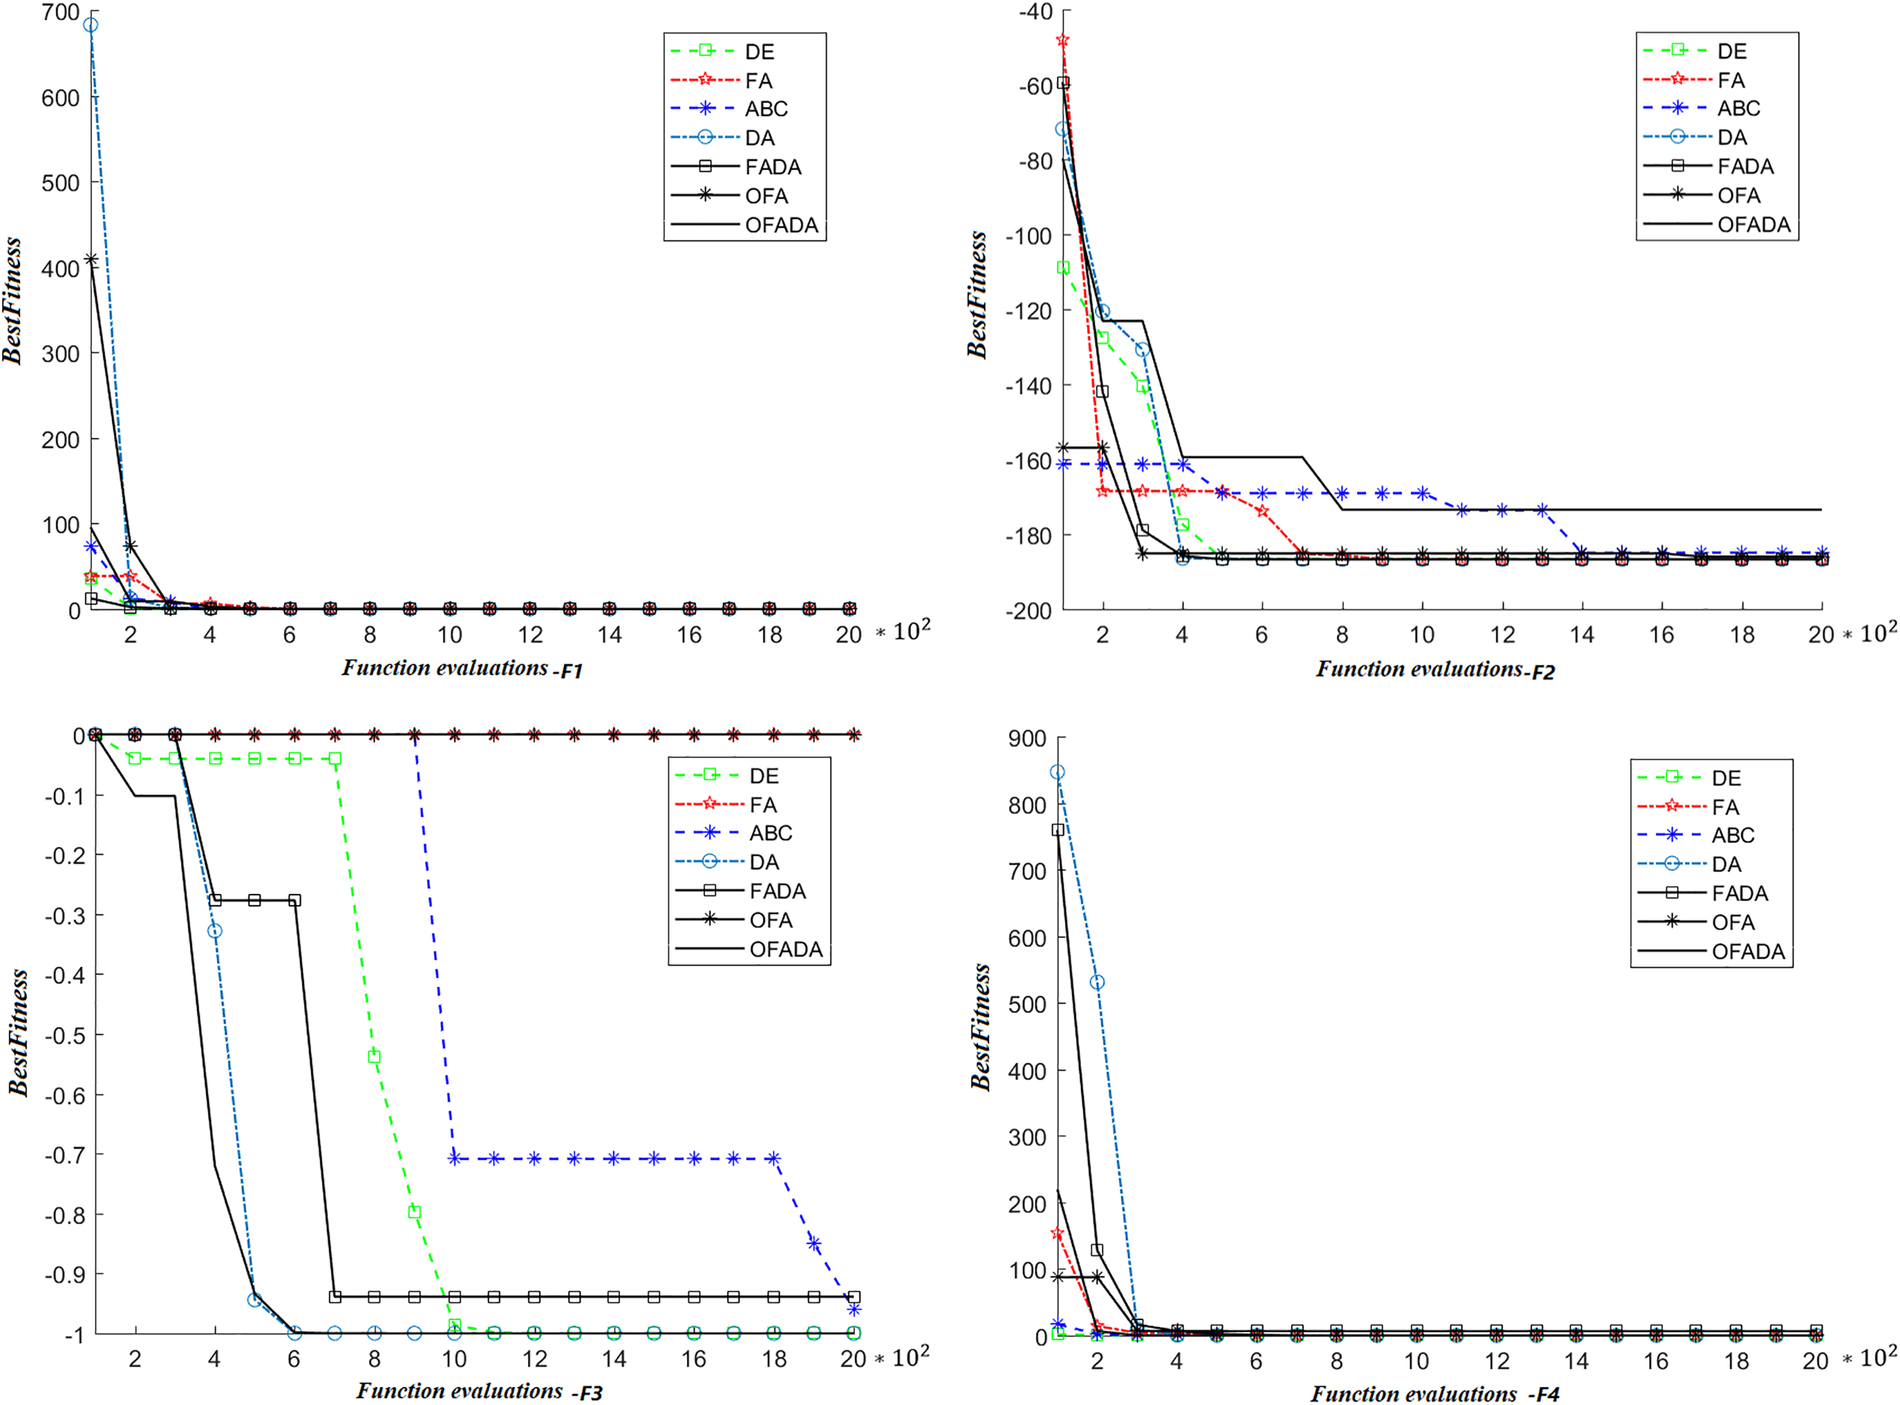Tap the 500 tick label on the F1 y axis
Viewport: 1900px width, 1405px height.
point(60,183)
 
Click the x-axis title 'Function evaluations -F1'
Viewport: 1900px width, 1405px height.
point(462,668)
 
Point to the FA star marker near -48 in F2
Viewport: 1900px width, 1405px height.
point(1062,40)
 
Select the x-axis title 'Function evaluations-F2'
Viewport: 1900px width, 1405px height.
point(1436,669)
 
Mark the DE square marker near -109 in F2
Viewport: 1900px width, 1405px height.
point(1063,268)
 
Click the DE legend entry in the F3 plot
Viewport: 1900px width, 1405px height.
point(728,775)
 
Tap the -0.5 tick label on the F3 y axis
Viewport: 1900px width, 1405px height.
point(66,1035)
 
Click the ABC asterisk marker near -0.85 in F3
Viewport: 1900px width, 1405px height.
point(814,1244)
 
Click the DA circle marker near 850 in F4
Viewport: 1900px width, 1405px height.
point(1057,772)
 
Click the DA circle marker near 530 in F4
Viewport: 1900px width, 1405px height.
point(1098,982)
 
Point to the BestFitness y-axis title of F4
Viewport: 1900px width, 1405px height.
point(980,1027)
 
